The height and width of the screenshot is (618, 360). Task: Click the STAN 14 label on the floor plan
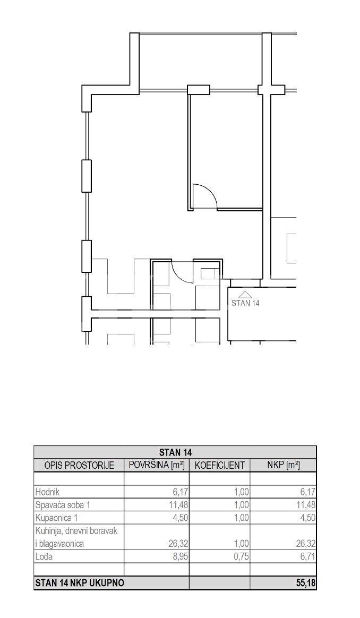245,304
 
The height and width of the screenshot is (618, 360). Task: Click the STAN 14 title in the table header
175,452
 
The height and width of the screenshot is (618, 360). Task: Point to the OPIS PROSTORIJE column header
79,466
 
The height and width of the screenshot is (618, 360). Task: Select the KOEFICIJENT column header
220,466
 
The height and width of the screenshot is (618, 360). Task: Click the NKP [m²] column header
284,465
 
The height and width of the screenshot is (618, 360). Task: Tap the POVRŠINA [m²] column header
157,465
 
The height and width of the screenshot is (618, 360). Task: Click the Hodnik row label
47,492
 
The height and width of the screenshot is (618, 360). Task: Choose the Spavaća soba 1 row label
65,505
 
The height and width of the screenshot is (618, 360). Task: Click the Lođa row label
44,557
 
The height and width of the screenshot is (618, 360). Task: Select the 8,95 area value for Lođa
180,557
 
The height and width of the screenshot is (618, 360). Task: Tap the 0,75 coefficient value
241,557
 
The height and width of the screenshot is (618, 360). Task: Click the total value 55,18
306,583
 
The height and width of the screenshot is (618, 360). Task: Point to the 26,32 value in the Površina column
178,544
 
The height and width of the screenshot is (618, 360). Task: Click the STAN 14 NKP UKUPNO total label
79,583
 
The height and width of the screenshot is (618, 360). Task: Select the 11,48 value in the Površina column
178,505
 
